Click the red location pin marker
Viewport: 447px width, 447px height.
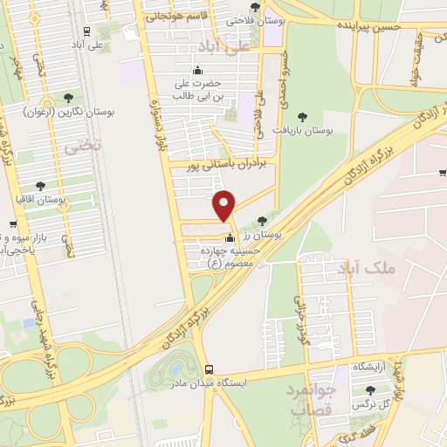coord(225,205)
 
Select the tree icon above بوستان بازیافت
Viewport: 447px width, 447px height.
coord(302,116)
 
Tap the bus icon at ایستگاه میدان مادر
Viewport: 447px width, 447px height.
coord(209,369)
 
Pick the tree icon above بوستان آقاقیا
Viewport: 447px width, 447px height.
coord(40,185)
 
